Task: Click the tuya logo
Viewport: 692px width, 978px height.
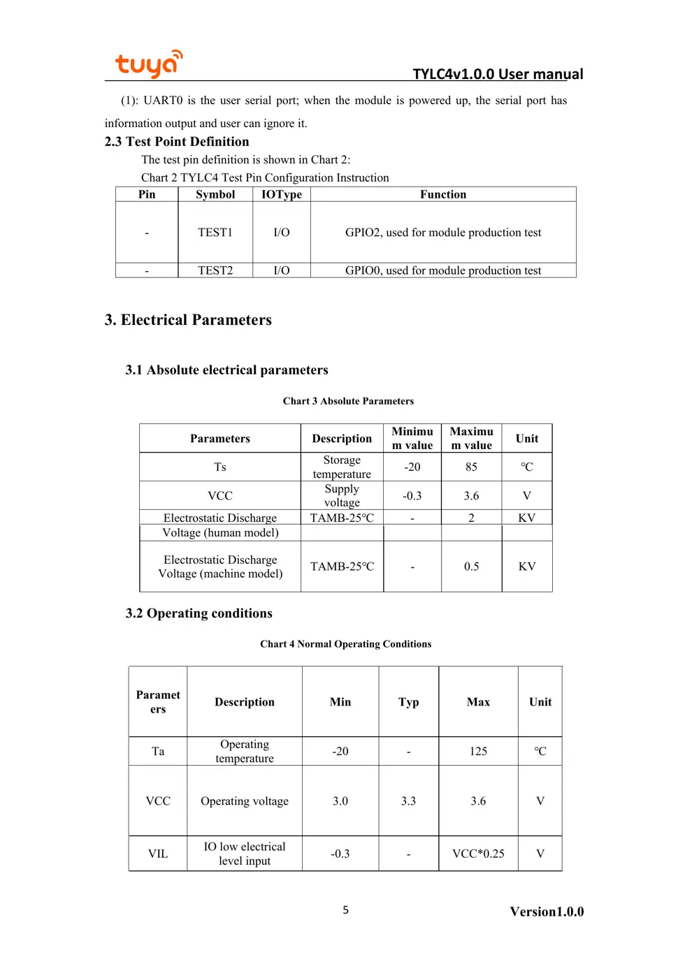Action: coord(148,64)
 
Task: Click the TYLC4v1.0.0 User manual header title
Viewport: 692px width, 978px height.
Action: coord(497,74)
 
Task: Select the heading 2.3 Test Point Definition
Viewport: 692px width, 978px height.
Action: coord(177,142)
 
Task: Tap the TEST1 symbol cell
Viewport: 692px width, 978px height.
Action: coord(215,233)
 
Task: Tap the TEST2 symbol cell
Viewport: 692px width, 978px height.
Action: coord(215,270)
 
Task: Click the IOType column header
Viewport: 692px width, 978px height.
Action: coord(281,195)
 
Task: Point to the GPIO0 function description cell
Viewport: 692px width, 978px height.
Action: coord(442,270)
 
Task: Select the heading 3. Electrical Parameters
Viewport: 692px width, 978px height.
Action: coord(188,320)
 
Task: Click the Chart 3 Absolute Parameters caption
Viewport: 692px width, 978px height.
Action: coord(348,401)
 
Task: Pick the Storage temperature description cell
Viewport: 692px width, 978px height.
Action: coord(342,467)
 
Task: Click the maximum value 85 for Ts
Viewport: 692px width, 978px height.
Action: coord(471,467)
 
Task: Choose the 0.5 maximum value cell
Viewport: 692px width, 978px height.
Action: coord(471,567)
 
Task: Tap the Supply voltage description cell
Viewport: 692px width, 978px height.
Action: coord(342,495)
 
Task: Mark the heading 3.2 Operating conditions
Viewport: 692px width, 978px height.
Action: coord(199,613)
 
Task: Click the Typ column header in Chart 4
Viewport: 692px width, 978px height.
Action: coord(408,702)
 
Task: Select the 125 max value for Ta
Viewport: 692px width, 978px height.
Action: coord(478,751)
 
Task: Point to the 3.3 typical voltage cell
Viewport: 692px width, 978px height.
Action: coord(408,801)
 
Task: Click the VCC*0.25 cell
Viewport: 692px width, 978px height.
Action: coord(478,854)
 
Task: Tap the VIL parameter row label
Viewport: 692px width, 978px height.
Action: coord(158,854)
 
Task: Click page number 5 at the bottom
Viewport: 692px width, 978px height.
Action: coord(345,910)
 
